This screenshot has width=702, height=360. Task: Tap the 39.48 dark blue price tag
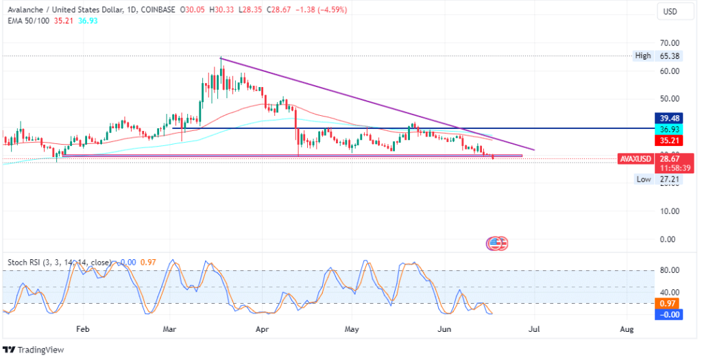click(669, 117)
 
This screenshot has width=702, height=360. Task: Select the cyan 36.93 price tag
click(669, 129)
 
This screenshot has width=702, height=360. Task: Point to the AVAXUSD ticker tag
click(635, 158)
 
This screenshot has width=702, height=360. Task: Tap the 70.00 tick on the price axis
click(669, 43)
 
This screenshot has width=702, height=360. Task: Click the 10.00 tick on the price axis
click(669, 211)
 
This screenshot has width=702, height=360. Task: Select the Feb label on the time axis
click(82, 329)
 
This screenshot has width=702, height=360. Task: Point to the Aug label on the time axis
click(626, 329)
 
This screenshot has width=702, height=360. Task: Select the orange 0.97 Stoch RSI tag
click(669, 303)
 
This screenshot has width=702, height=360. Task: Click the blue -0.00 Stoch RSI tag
click(669, 314)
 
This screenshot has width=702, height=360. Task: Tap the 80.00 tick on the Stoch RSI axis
click(669, 270)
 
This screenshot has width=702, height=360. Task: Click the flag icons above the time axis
click(497, 243)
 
